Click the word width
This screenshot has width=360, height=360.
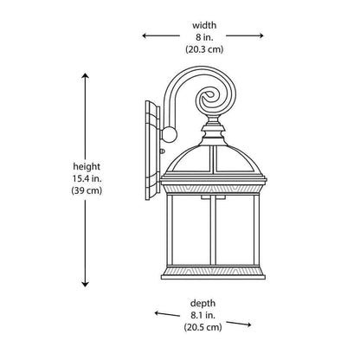point(204,25)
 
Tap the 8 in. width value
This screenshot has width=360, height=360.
point(204,37)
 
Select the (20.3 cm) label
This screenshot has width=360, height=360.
point(204,49)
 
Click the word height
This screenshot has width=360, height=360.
point(87,167)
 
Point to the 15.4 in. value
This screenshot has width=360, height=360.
point(87,178)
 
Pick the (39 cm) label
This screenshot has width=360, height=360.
point(87,190)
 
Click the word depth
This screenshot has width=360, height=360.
point(202,304)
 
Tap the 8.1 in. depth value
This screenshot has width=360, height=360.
point(202,315)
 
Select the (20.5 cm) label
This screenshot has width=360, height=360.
point(203,327)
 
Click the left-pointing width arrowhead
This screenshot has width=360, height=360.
point(145,35)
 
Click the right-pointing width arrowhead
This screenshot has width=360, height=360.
point(260,35)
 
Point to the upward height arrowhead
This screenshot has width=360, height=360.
point(85,76)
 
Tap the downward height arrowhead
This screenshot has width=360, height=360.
point(85,284)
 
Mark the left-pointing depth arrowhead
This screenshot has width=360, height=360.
point(157,313)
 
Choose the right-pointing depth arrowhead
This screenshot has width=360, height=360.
point(247,325)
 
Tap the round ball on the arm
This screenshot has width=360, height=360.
point(170,134)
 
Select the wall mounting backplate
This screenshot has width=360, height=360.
point(152,151)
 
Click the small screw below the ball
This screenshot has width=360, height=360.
point(162,151)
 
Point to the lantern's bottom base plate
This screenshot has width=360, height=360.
point(213,277)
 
